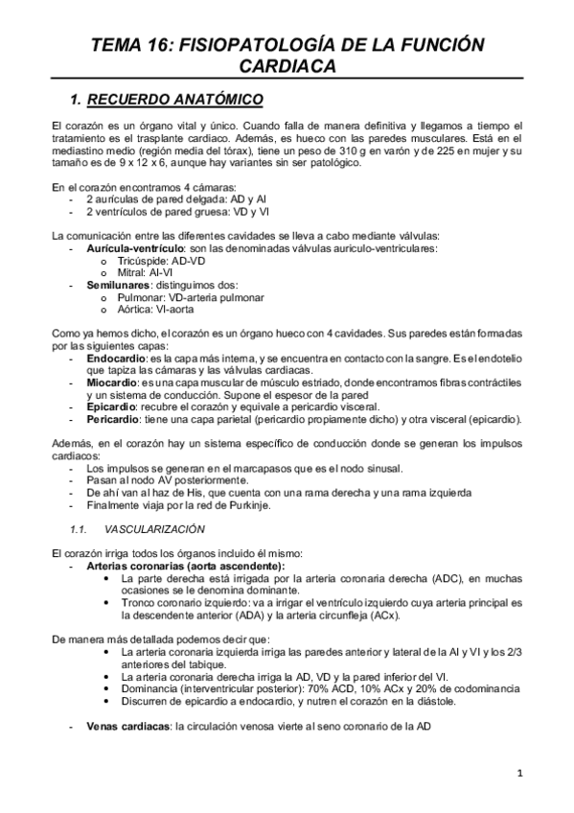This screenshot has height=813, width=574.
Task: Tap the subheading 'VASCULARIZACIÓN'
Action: pyautogui.click(x=151, y=528)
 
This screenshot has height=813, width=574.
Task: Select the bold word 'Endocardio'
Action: pyautogui.click(x=114, y=358)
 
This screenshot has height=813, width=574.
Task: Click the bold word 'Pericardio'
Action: pyautogui.click(x=112, y=418)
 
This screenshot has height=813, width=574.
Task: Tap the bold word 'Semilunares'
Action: pyautogui.click(x=118, y=285)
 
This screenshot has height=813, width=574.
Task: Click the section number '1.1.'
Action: pyautogui.click(x=80, y=528)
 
